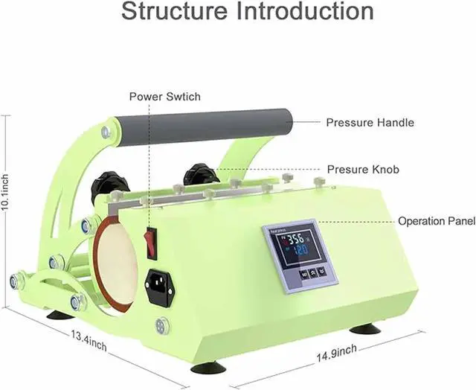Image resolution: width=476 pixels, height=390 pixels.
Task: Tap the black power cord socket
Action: pyautogui.click(x=160, y=287)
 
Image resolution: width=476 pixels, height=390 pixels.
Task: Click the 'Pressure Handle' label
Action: pyautogui.click(x=370, y=122)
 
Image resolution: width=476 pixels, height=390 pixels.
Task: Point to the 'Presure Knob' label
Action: pyautogui.click(x=363, y=170)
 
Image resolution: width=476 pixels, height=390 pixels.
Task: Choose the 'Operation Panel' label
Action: pyautogui.click(x=436, y=221)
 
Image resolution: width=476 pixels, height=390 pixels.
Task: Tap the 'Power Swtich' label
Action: pyautogui.click(x=164, y=97)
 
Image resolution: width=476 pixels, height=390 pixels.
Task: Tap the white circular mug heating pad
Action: pyautogui.click(x=115, y=263)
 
